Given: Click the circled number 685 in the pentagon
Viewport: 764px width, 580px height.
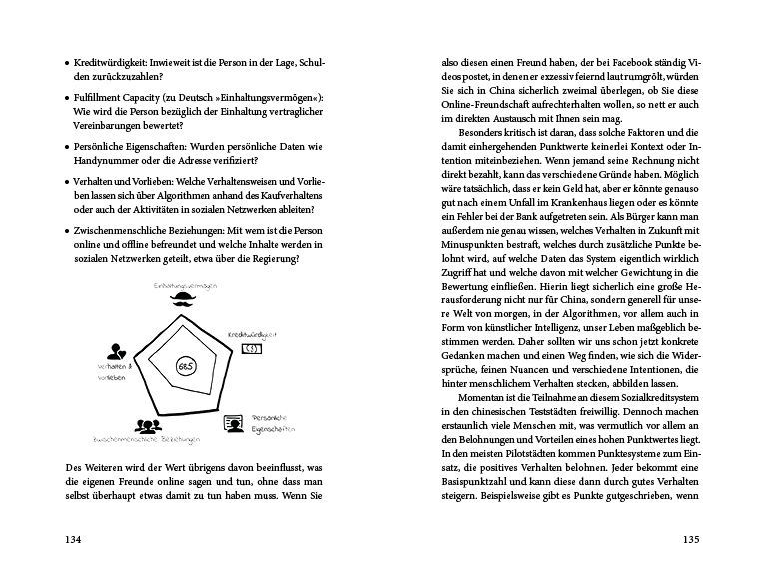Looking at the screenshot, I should pos(185,367).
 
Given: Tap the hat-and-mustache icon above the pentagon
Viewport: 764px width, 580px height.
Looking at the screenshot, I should pos(180,296).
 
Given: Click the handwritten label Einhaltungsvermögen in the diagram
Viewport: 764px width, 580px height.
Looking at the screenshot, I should pos(180,285).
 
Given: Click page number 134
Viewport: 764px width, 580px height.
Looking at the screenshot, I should pos(72,540).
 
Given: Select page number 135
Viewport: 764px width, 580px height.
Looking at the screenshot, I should pos(692,540).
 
